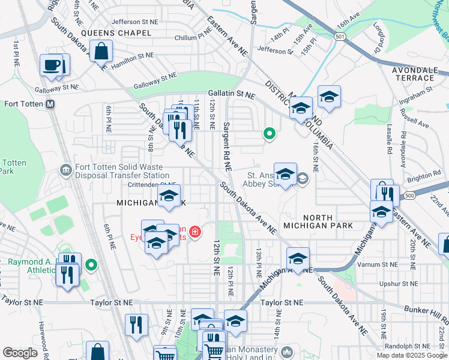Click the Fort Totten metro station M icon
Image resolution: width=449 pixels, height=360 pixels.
pos(50,104)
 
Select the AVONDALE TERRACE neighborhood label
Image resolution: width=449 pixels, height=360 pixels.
pos(413,74)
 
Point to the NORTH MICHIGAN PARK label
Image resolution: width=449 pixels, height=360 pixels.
pos(327,221)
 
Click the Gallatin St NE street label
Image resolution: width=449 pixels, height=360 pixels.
pos(232,95)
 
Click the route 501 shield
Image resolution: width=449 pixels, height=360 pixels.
pos(340,37)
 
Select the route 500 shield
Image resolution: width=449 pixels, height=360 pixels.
pos(409,196)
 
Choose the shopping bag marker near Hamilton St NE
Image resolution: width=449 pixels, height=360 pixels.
pos(101,52)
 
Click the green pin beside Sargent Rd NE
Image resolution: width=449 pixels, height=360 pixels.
pos(270,134)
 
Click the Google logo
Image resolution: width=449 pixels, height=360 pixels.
pos(20,353)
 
